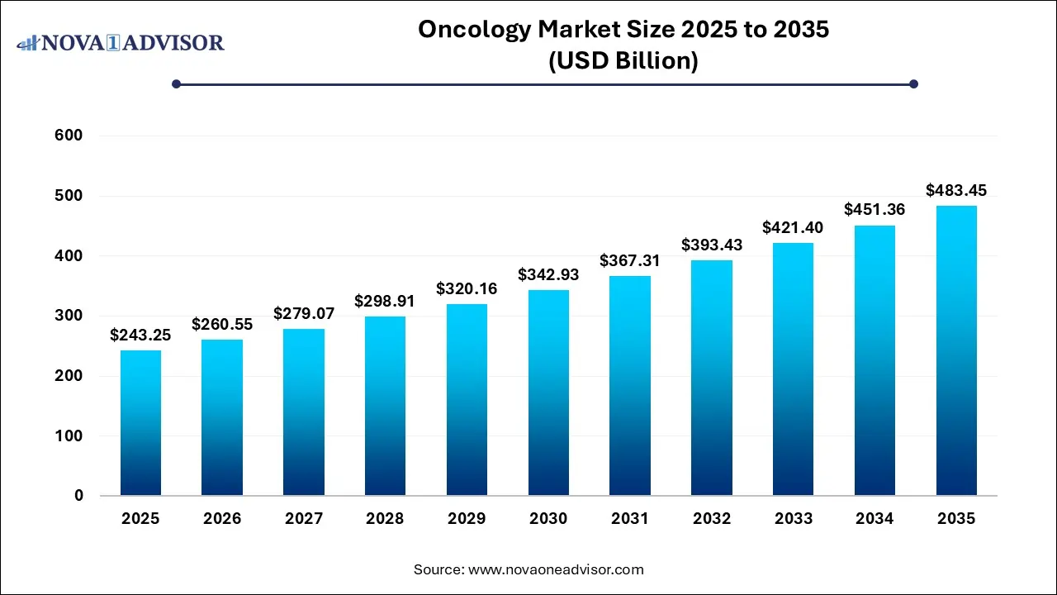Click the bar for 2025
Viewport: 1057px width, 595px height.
click(x=140, y=422)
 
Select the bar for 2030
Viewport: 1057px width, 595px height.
click(x=548, y=393)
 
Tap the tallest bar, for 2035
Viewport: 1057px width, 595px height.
click(x=956, y=350)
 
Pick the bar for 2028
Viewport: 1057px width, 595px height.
click(x=385, y=406)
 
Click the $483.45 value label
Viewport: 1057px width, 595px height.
click(x=956, y=191)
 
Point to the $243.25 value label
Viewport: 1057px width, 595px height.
click(x=140, y=336)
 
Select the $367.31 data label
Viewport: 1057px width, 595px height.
click(x=630, y=260)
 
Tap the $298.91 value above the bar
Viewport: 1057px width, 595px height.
click(x=385, y=302)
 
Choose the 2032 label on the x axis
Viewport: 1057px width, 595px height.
click(x=712, y=519)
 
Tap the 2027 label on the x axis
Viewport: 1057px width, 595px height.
click(x=303, y=519)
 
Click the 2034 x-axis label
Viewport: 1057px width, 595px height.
click(x=875, y=519)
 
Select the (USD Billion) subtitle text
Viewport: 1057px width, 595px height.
click(x=623, y=61)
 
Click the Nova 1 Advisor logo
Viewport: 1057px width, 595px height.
click(x=121, y=42)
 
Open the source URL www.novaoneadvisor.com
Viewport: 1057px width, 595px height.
click(x=555, y=569)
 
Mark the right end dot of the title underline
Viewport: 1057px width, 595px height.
click(x=913, y=83)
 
